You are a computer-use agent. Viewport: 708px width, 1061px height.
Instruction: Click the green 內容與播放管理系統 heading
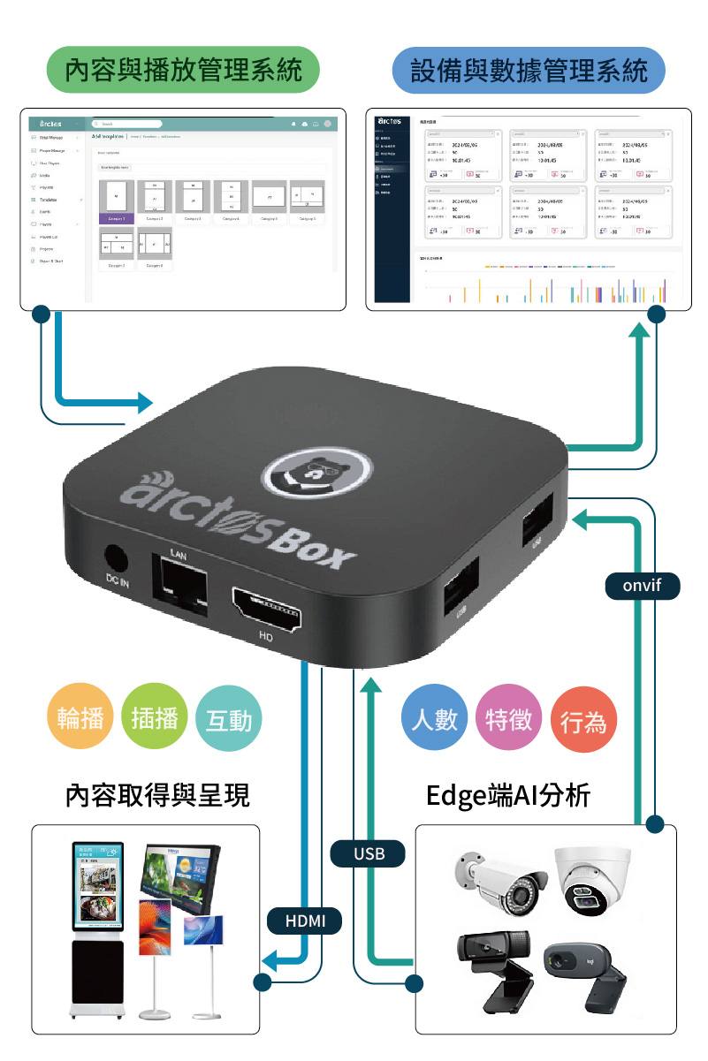[183, 70]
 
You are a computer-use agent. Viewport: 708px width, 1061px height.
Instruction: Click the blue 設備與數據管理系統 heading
[529, 70]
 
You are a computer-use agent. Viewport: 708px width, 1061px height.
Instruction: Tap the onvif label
[642, 585]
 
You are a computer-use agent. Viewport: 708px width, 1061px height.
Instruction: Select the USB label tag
[369, 853]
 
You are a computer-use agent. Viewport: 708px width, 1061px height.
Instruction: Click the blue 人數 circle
[434, 717]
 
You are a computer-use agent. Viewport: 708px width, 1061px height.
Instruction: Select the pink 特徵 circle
[508, 717]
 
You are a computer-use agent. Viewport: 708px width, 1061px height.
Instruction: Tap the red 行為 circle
[582, 722]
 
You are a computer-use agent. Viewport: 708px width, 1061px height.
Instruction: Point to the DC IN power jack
[117, 558]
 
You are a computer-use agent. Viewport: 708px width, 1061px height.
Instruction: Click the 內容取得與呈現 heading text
[157, 795]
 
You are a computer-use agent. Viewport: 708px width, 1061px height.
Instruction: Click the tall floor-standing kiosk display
[97, 928]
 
